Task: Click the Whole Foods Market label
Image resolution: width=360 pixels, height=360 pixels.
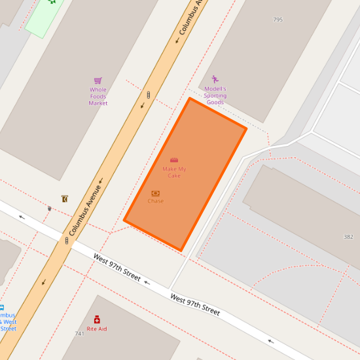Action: (x=98, y=96)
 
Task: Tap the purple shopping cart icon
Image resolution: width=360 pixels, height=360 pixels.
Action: (x=98, y=81)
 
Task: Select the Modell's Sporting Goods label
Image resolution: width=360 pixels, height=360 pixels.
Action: (x=215, y=96)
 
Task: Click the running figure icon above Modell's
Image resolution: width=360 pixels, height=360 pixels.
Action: (x=215, y=79)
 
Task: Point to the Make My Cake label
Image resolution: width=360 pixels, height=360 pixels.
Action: (x=174, y=172)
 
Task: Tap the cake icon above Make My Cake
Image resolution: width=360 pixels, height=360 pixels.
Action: (x=174, y=160)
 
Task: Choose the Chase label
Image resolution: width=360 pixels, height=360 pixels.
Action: (x=156, y=201)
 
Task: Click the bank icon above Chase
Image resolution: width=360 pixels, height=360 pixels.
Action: (x=156, y=193)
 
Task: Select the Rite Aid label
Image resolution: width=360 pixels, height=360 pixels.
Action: (x=97, y=329)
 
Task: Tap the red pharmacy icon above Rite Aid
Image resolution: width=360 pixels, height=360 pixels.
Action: (x=97, y=319)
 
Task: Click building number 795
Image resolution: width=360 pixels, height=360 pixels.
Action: (x=278, y=20)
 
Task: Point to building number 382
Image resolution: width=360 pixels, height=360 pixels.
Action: (x=348, y=236)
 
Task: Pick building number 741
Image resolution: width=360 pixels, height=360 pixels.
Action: (x=80, y=334)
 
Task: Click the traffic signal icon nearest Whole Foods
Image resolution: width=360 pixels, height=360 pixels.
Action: (x=149, y=96)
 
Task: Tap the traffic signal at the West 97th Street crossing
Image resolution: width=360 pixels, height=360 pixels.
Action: (x=67, y=240)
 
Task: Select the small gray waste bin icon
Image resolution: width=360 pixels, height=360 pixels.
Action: (x=50, y=208)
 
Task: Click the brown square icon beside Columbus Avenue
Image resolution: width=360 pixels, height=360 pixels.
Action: (x=64, y=198)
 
